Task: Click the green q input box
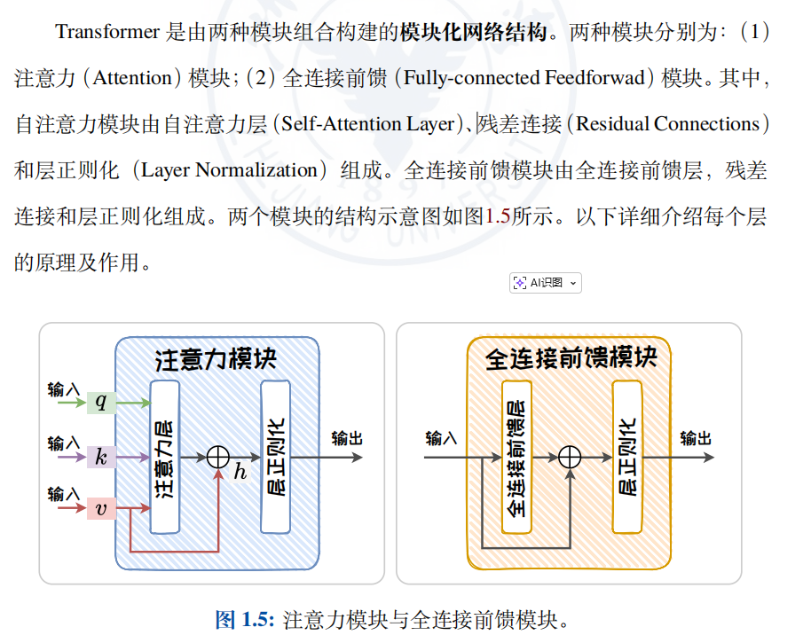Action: click(x=100, y=404)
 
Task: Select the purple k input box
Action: click(x=100, y=458)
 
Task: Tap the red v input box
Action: click(x=100, y=509)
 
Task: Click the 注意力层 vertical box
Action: click(x=165, y=456)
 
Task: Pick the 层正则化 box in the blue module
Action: click(x=275, y=456)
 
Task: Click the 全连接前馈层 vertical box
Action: click(x=516, y=457)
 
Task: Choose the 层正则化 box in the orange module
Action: click(x=627, y=457)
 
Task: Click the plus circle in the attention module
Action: click(x=218, y=457)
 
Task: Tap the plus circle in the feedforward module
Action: click(x=570, y=457)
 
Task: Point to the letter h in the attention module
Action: click(x=240, y=472)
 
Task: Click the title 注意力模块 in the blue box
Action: click(x=217, y=359)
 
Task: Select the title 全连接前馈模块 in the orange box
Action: click(x=571, y=358)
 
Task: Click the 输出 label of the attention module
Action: click(x=347, y=438)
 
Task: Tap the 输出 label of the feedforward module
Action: click(x=696, y=438)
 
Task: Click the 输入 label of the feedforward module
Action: click(x=441, y=438)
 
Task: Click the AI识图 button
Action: click(x=545, y=283)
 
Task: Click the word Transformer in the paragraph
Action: click(x=107, y=32)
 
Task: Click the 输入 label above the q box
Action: click(x=64, y=388)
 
